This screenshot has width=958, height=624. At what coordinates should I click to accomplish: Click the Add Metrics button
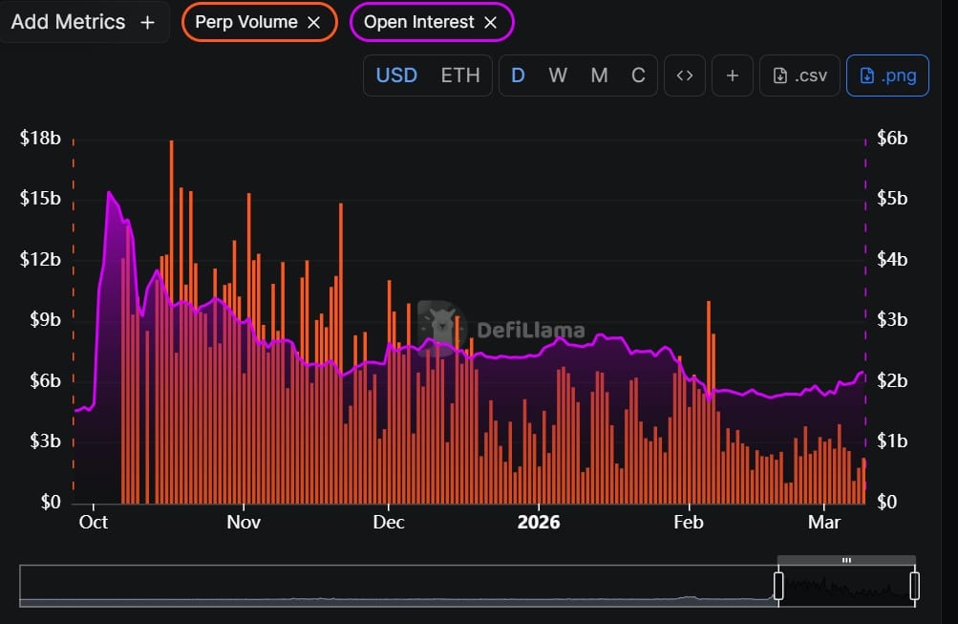coord(82,22)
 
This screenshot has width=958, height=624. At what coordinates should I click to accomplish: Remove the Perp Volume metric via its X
coord(313,22)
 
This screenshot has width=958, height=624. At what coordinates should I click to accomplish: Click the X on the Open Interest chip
coord(490,22)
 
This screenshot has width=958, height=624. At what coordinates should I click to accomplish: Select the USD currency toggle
coord(396,75)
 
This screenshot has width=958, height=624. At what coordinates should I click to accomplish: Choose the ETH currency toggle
coord(460,75)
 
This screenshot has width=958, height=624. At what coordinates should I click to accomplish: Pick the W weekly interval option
coord(558,75)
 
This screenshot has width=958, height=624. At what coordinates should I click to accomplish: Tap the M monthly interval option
coord(599,75)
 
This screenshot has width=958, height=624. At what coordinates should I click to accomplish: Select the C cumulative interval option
coord(638,75)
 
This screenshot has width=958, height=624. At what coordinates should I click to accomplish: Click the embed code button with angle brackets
coord(684,75)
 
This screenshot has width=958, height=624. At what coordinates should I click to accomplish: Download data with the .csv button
coord(800,75)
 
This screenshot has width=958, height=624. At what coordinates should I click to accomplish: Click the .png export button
coord(888,75)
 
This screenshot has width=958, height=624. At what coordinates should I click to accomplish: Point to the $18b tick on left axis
coord(40,139)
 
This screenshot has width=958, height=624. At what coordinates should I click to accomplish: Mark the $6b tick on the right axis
coord(892,139)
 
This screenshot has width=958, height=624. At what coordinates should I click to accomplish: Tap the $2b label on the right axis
coord(892,380)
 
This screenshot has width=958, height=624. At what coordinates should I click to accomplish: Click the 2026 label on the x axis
coord(538,523)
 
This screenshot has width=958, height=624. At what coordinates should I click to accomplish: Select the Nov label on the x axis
coord(244,523)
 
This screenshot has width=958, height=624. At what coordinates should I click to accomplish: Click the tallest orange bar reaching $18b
coord(171,287)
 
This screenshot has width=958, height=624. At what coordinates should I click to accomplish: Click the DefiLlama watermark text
coord(530,331)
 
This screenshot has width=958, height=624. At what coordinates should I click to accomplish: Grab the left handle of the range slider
coord(778,586)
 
